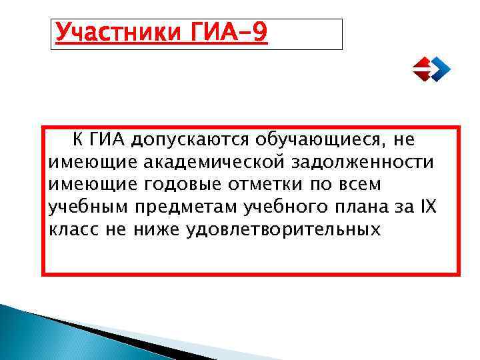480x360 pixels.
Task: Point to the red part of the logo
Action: (422, 69)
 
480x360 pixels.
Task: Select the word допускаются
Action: (189, 140)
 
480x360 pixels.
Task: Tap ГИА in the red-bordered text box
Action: (107, 140)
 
